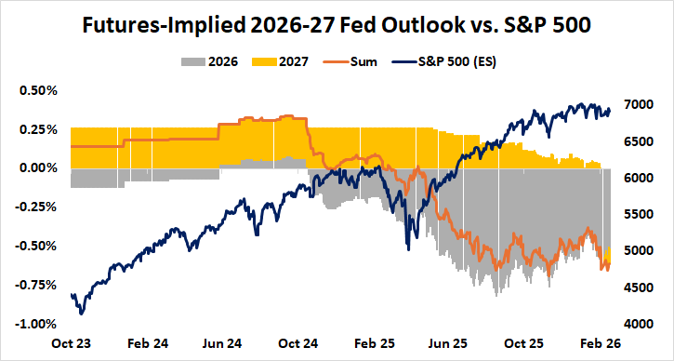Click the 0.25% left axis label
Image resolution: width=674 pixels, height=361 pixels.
[38, 129]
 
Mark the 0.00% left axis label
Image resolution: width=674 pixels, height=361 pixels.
[38, 168]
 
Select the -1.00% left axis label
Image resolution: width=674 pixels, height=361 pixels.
[36, 324]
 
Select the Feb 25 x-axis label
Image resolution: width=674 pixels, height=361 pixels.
[376, 343]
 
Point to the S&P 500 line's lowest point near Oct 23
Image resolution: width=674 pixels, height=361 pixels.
[82, 314]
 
